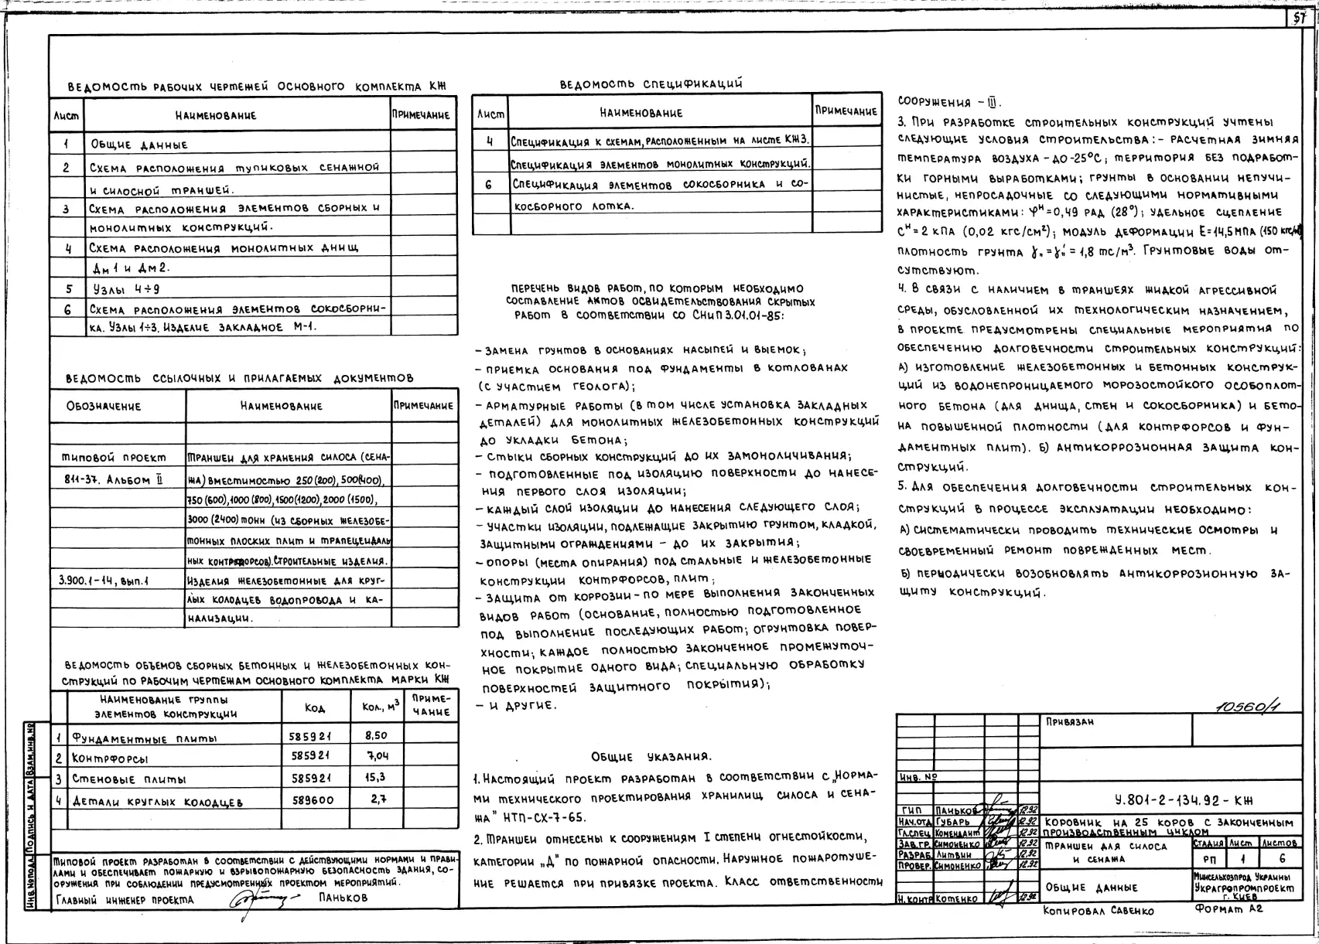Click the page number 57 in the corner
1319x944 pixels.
tap(1300, 19)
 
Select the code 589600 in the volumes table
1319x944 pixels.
tap(314, 800)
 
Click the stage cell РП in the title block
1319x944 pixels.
tap(1209, 860)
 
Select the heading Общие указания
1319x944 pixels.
tap(651, 756)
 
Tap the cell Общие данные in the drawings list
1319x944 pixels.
tap(139, 145)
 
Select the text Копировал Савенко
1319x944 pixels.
tap(1098, 911)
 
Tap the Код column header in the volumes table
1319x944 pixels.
tap(315, 708)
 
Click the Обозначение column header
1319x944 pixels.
tap(104, 406)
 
